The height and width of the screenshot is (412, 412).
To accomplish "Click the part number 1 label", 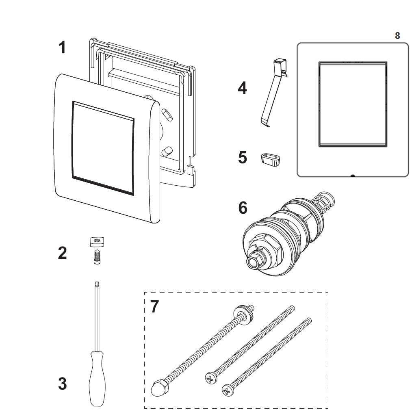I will (62, 48).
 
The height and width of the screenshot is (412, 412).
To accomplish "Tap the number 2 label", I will (62, 253).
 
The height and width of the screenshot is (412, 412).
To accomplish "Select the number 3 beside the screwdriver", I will (62, 384).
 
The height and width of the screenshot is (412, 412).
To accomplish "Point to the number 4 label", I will (242, 88).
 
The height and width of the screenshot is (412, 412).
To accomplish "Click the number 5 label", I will (243, 158).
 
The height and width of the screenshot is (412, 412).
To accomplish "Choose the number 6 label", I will (243, 208).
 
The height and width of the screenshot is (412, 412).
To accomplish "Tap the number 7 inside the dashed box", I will (155, 307).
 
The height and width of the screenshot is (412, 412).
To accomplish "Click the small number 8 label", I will (397, 36).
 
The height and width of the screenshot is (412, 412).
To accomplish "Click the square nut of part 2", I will (96, 242).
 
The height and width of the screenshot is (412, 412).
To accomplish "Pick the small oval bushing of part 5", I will (271, 159).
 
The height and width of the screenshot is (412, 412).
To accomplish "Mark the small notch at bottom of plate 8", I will (352, 176).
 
